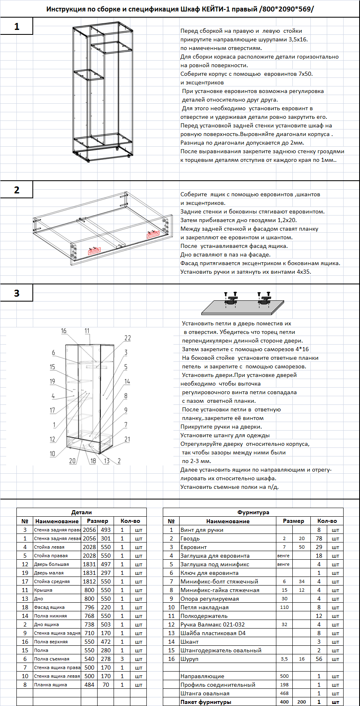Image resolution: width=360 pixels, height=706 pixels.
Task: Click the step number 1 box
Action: point(16,27)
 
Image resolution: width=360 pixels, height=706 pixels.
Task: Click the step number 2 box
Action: point(16,190)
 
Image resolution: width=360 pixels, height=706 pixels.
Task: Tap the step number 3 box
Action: point(16,293)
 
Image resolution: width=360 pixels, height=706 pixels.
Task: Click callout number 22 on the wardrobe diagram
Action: point(128,338)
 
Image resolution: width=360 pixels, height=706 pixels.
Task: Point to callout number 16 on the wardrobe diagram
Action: point(64,331)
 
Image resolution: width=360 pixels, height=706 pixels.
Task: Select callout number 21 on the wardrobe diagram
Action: point(127,439)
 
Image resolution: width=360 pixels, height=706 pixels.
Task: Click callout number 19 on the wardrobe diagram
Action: point(52,381)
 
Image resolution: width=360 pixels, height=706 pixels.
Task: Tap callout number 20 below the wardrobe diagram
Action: point(72,461)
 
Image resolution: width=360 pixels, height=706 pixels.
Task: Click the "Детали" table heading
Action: point(81,512)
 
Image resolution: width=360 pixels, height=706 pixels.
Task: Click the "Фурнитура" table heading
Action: point(253,512)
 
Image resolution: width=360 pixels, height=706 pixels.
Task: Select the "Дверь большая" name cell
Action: point(52,564)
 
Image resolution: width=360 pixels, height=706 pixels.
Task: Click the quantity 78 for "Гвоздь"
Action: point(319,538)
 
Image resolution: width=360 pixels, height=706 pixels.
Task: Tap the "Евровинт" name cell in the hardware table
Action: point(194,547)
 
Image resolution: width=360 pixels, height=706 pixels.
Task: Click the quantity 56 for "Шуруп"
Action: point(319,659)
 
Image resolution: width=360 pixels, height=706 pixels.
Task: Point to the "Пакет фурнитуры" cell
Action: point(205,702)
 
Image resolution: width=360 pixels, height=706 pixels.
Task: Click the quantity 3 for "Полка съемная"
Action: point(122,659)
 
